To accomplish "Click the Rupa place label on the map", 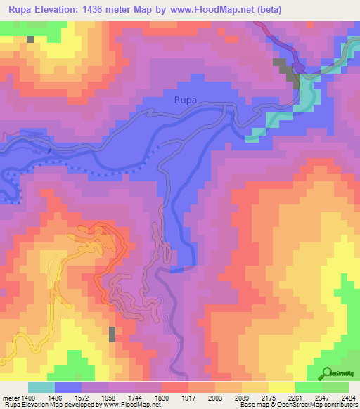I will [186, 100].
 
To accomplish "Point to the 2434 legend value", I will [349, 398].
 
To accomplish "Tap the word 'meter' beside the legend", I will [10, 398].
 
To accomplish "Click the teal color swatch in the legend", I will [41, 387].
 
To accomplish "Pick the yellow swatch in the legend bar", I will [282, 387].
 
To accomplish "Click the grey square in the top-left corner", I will [30, 39].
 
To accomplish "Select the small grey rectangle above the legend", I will [112, 335].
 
